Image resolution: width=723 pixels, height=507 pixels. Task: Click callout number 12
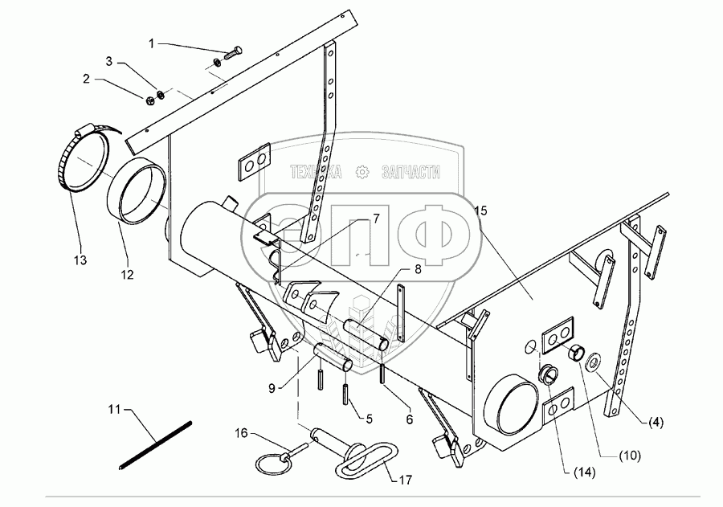tap(127, 275)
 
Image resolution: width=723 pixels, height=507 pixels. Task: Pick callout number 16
tap(240, 435)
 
